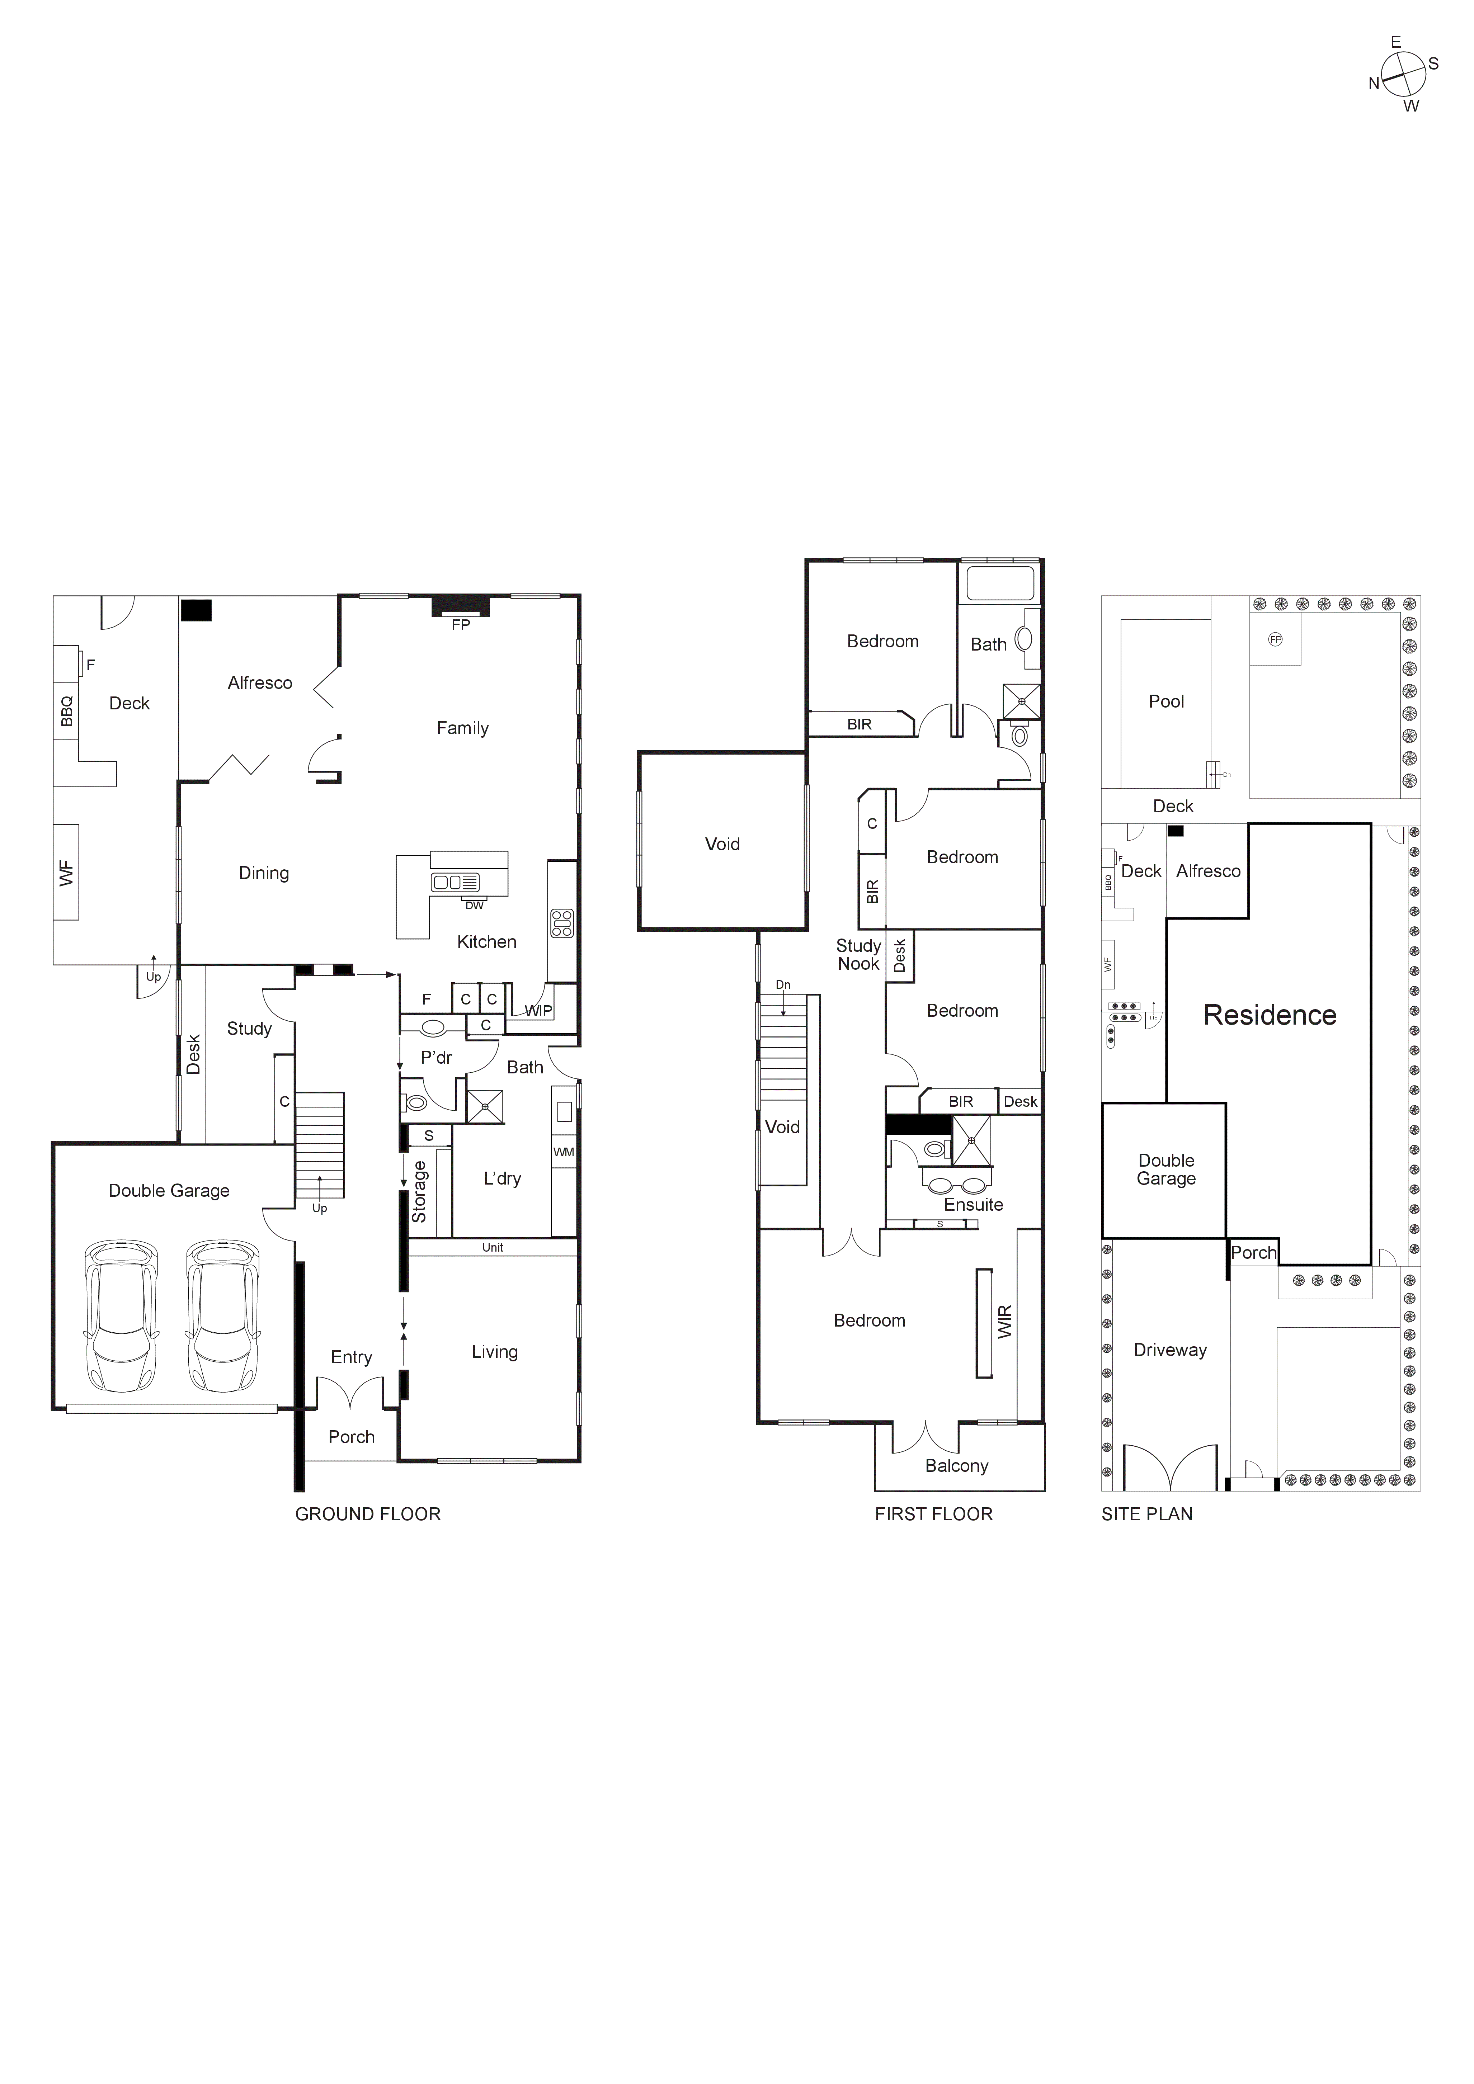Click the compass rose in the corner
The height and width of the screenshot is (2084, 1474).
[x=1403, y=75]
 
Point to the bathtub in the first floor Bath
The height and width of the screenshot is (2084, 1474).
[x=999, y=583]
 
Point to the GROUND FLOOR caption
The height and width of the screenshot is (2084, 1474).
[x=368, y=1514]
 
